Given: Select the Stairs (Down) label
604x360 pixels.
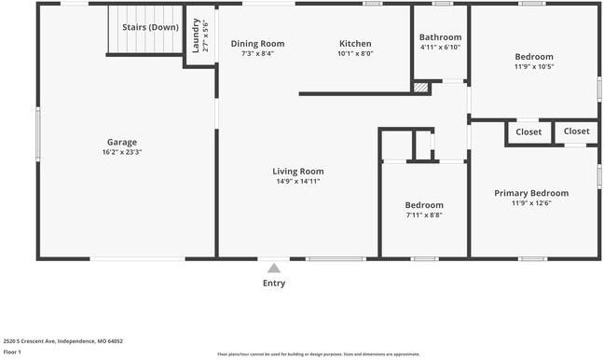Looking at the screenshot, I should point(150,27).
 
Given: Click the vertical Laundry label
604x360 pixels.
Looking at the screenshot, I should point(196,35).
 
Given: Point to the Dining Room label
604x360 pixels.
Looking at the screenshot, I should point(257,44).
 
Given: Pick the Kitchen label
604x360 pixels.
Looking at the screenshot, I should point(355,44).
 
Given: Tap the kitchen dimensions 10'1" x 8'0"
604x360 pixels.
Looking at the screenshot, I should point(355,53).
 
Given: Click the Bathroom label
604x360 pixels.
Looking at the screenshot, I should point(440,37).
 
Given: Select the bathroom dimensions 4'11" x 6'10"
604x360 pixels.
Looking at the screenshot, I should point(440,47).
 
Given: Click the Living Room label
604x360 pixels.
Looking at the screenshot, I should point(298,172).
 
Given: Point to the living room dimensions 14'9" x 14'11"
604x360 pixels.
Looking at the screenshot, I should point(298,181).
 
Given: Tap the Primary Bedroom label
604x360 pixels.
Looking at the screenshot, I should point(531,193).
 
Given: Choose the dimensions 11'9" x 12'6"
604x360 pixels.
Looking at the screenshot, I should point(531,202).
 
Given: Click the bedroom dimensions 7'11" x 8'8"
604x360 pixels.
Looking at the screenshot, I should point(424,215).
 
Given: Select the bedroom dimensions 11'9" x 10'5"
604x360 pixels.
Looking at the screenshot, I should point(534,66).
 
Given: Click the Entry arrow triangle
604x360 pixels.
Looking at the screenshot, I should point(273,268).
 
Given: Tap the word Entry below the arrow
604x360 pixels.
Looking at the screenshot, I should point(274,284).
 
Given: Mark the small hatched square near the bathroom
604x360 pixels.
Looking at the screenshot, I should point(421,87).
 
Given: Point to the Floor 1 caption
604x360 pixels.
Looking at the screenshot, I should point(12,353).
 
